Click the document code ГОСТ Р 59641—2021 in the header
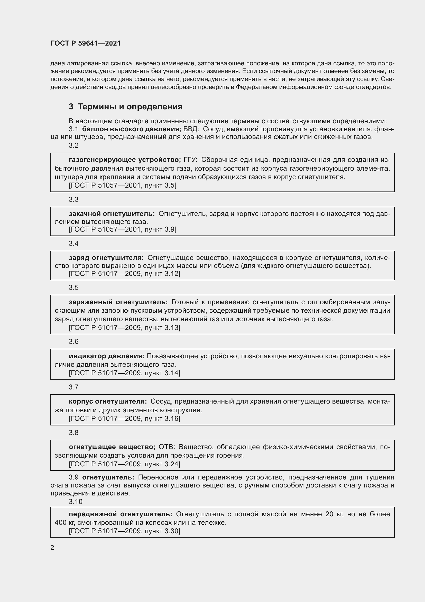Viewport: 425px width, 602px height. (x=86, y=43)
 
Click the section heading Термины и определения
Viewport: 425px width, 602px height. (x=130, y=107)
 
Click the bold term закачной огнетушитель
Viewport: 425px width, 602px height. (x=112, y=214)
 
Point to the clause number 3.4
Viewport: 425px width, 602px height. (x=73, y=243)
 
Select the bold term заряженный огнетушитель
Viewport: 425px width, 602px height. (x=118, y=302)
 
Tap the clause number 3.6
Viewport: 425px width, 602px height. (x=73, y=341)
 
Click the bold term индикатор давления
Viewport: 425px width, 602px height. (x=107, y=356)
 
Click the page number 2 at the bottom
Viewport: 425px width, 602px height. (x=52, y=547)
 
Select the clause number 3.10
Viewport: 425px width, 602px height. (x=75, y=502)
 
